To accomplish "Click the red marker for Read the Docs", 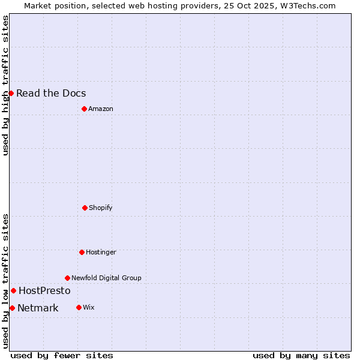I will point(11,93).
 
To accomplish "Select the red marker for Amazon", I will point(84,109).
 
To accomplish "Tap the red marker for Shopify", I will point(85,208).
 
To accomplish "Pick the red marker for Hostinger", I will point(82,252).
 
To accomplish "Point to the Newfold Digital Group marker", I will point(67,278).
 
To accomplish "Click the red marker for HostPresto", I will point(13,290).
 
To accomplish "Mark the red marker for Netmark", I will point(12,308).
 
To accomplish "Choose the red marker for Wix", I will point(79,307).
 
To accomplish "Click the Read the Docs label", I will point(51,93).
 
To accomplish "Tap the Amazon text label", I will point(101,109).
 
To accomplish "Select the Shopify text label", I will point(101,208).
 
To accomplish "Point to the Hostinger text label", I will point(101,252).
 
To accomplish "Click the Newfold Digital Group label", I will point(106,278).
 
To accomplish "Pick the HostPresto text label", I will point(44,290).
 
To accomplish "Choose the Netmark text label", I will point(38,308).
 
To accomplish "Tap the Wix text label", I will point(89,307).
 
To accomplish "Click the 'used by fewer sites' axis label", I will point(62,355).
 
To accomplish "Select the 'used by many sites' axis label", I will point(301,355).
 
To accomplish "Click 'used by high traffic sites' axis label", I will point(5,85).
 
